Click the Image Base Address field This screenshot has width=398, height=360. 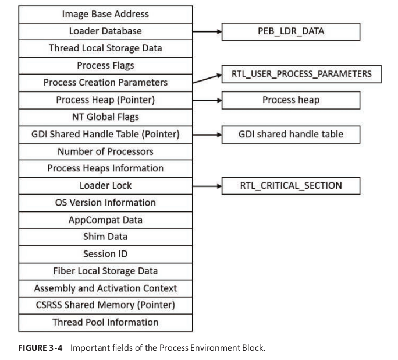[105, 15]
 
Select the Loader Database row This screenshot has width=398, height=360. [105, 31]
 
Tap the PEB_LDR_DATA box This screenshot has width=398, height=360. [291, 31]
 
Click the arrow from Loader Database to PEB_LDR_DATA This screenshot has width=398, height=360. [207, 31]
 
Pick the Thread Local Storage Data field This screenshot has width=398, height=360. [105, 48]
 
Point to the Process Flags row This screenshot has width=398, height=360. [105, 66]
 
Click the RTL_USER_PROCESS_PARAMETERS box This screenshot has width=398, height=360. [301, 74]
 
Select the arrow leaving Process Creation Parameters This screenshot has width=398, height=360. [207, 79]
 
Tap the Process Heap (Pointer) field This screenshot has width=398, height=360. [105, 100]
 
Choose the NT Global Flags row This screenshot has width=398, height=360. [105, 117]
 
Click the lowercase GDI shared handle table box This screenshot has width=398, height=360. [291, 135]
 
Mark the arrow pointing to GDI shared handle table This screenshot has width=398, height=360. [207, 135]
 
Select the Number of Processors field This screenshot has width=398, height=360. [105, 151]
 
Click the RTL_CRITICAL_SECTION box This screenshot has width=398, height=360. [291, 186]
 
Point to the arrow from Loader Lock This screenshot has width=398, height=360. [207, 186]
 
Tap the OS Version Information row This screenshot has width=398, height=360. [105, 203]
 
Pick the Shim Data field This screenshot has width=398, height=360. [105, 237]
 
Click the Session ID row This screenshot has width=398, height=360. [105, 255]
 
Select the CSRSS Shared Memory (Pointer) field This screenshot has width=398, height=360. [105, 305]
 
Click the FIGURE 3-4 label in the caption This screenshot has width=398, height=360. [40, 348]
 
